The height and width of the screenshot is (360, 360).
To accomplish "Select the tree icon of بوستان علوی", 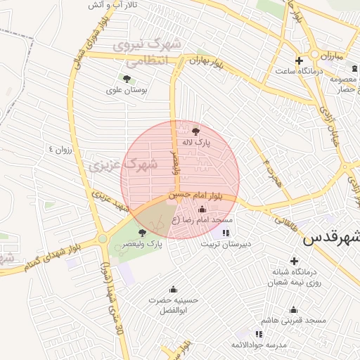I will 127,79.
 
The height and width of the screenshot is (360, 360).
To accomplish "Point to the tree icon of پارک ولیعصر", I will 143,232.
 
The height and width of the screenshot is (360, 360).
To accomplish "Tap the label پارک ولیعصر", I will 144,243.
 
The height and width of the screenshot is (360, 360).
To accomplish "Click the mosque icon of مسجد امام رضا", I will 202,209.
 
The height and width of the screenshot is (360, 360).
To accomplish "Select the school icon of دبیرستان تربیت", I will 226,233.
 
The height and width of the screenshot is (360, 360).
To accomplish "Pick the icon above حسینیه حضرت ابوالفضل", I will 173,289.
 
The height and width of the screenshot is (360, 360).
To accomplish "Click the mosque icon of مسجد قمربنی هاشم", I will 294,309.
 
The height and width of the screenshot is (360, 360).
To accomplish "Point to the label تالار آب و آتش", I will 112,5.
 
